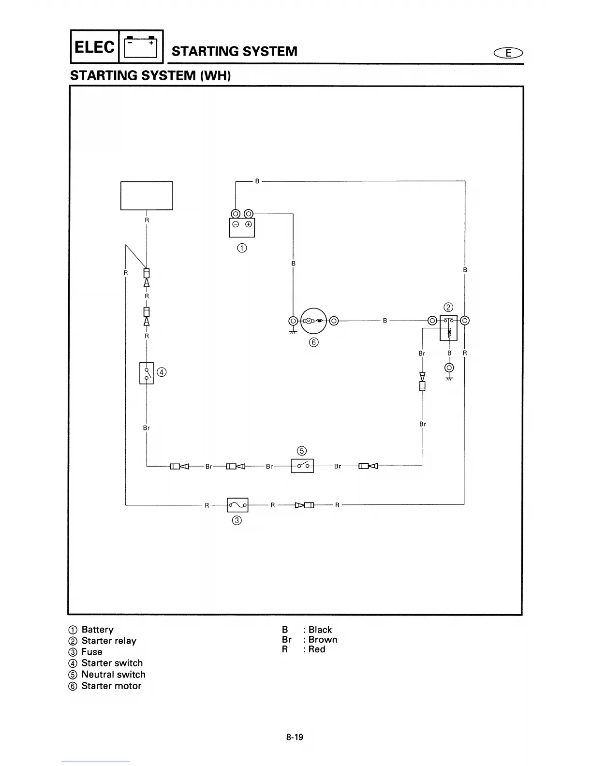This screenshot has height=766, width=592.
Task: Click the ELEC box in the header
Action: tap(95, 47)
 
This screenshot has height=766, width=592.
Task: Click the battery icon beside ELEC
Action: tap(141, 47)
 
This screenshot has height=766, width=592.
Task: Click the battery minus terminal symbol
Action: tap(236, 224)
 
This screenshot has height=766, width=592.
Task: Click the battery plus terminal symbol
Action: tap(248, 224)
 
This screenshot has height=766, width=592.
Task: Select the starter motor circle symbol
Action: tap(313, 321)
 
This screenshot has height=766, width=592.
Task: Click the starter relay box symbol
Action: tap(448, 328)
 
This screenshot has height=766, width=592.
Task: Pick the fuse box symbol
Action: tap(237, 505)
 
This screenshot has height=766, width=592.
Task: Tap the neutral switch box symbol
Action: tap(303, 466)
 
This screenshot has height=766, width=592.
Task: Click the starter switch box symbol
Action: tap(147, 373)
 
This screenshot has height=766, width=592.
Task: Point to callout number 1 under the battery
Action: tap(242, 248)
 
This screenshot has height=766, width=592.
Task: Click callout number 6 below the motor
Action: tap(314, 342)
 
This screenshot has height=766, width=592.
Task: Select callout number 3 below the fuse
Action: tap(237, 520)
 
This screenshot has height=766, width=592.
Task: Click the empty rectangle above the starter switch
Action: tap(147, 195)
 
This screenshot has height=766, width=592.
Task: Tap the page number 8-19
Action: tap(295, 737)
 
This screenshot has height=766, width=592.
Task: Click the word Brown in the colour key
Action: tap(323, 639)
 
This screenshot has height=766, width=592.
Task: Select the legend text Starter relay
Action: tap(109, 641)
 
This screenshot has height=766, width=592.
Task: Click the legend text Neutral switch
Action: tap(113, 675)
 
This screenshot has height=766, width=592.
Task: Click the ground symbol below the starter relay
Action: tap(449, 378)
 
